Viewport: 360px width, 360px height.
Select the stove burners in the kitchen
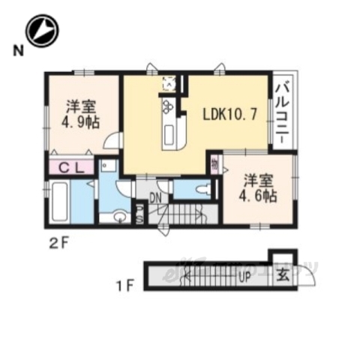[x=167, y=111]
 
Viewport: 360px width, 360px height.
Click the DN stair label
[x=155, y=198]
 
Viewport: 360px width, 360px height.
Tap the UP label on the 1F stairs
[x=244, y=276]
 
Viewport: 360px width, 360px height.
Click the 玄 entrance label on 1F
[x=280, y=275]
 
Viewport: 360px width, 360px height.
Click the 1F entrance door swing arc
[x=306, y=277]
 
